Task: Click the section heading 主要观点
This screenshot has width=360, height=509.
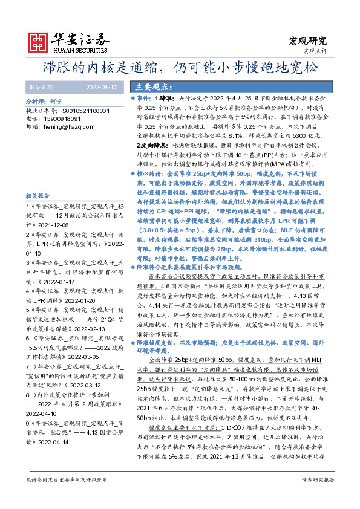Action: (151, 86)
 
